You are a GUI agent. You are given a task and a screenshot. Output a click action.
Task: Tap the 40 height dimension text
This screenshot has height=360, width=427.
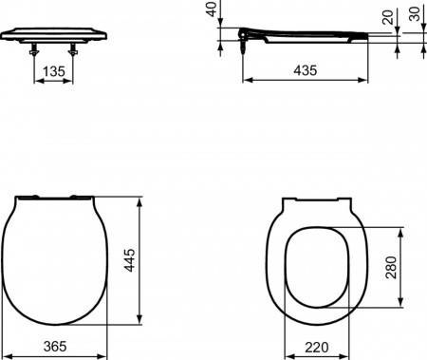pyautogui.click(x=211, y=11)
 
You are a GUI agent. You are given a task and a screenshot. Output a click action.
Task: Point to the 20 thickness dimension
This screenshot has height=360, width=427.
pyautogui.click(x=384, y=19)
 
